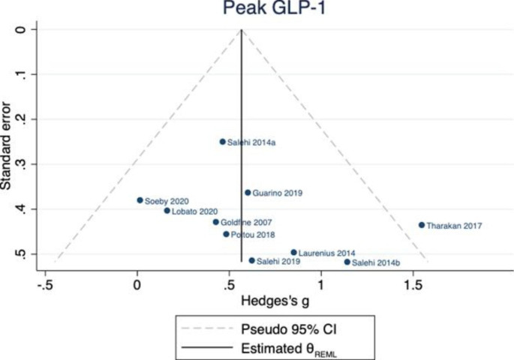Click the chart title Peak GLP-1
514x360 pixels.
(257, 8)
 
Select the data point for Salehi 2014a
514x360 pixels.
(222, 141)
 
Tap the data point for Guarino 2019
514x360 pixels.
(248, 193)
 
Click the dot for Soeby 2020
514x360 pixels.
(140, 200)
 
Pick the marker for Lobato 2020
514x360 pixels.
(167, 211)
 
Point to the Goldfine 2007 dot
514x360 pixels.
(215, 222)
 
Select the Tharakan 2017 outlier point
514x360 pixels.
(422, 225)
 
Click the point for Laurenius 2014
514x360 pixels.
(293, 253)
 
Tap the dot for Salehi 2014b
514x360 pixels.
(347, 262)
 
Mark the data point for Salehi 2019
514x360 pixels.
(251, 260)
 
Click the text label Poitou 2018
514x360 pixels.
(253, 235)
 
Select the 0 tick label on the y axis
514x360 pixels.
(22, 29)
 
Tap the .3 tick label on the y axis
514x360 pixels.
(22, 163)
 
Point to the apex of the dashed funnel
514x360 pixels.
(241, 30)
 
